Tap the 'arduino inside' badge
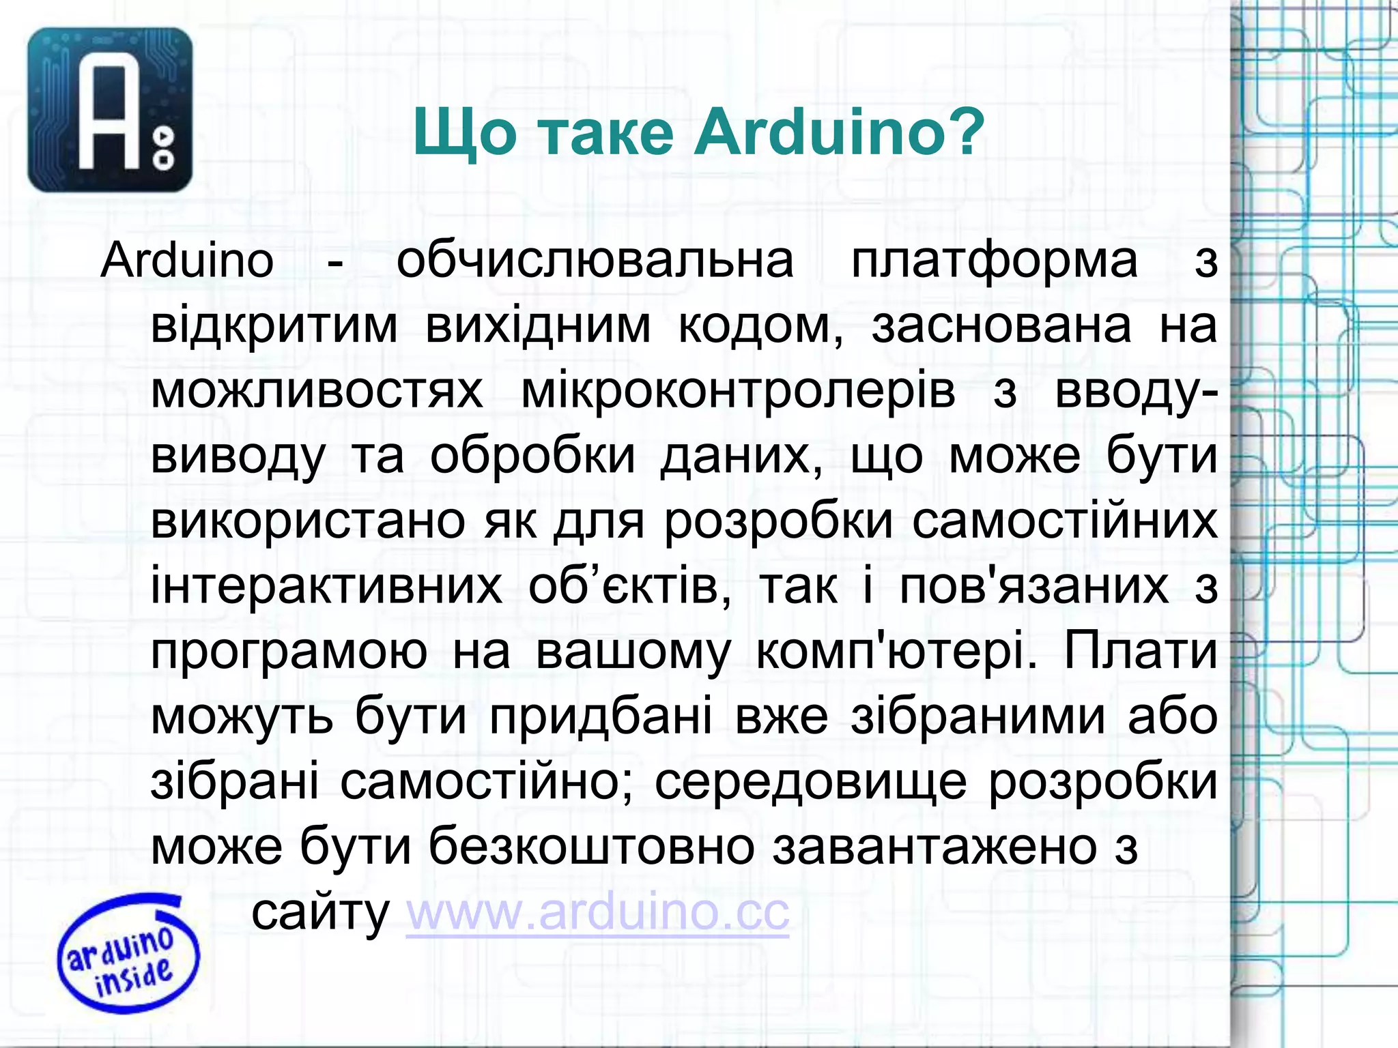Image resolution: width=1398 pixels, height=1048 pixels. point(128,952)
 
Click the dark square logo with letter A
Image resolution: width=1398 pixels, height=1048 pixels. point(110,110)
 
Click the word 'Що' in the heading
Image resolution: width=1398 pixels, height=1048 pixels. point(464,133)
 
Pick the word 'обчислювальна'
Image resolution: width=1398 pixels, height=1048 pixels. point(595,261)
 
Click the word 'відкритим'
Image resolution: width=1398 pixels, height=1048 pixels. point(274,325)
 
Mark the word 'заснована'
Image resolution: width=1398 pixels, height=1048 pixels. point(1001,325)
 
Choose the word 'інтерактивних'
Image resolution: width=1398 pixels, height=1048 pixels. point(326,586)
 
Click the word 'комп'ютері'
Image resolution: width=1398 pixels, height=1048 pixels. point(891,652)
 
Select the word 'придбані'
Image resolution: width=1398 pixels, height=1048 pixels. point(601,717)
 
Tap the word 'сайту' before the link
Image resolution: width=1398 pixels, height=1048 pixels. point(320,912)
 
